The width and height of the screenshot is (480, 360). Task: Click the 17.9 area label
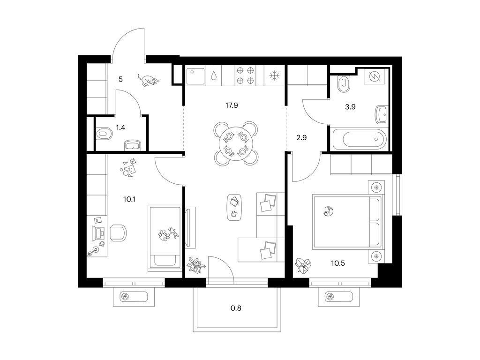(x=232, y=105)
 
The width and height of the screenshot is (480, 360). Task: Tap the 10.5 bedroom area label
(x=338, y=263)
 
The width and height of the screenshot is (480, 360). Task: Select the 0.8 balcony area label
(x=236, y=308)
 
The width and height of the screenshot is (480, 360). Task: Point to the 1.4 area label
(x=120, y=127)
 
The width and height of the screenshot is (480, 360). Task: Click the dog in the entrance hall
(x=148, y=80)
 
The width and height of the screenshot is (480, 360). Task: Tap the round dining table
(x=235, y=143)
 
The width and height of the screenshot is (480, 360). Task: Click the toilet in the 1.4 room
(x=104, y=134)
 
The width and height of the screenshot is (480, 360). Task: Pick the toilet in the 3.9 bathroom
(x=345, y=83)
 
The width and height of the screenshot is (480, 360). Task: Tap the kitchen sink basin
(x=195, y=76)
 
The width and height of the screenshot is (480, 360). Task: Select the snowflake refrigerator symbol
(x=274, y=75)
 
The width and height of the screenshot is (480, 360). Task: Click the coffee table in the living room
(x=235, y=207)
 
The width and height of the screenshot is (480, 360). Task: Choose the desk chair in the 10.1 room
(x=118, y=233)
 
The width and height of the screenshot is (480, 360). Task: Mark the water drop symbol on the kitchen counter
(x=214, y=75)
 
